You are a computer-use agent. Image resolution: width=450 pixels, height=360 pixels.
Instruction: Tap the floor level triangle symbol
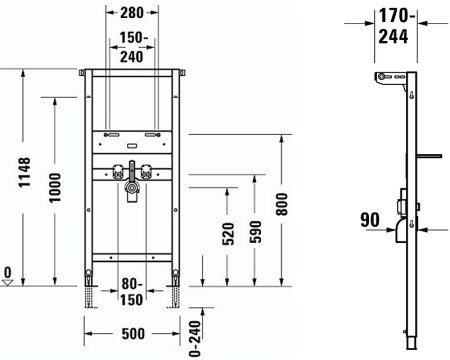click(x=8, y=282)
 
